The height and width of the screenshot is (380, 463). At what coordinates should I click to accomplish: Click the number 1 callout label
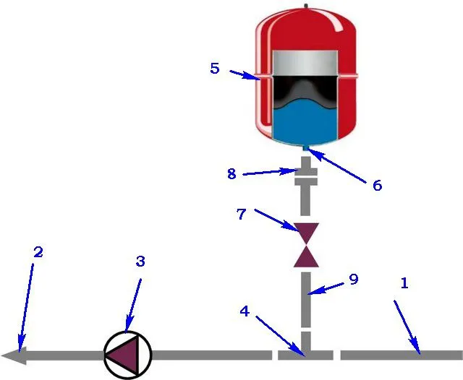pyautogui.click(x=404, y=283)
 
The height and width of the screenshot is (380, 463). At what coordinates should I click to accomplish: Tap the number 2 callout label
pyautogui.click(x=38, y=252)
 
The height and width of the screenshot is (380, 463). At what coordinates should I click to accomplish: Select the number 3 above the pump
pyautogui.click(x=140, y=262)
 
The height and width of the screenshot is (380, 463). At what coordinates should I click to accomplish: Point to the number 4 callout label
pyautogui.click(x=245, y=311)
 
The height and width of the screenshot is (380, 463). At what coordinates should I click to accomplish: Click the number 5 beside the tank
pyautogui.click(x=215, y=69)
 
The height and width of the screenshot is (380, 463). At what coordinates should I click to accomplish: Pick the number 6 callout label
pyautogui.click(x=377, y=186)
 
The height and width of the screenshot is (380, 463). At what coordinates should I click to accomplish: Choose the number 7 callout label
pyautogui.click(x=241, y=215)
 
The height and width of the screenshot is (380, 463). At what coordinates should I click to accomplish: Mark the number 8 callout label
pyautogui.click(x=231, y=173)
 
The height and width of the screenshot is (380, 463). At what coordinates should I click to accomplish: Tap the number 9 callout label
pyautogui.click(x=354, y=279)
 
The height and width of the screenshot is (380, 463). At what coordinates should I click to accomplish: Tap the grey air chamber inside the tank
pyautogui.click(x=305, y=64)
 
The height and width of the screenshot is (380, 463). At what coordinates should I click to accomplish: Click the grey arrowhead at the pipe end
pyautogui.click(x=14, y=355)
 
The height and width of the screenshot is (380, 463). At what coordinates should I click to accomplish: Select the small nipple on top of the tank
pyautogui.click(x=306, y=6)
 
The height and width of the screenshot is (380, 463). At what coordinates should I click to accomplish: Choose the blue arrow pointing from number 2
pyautogui.click(x=26, y=308)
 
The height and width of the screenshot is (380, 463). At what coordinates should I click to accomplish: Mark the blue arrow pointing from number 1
pyautogui.click(x=407, y=327)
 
